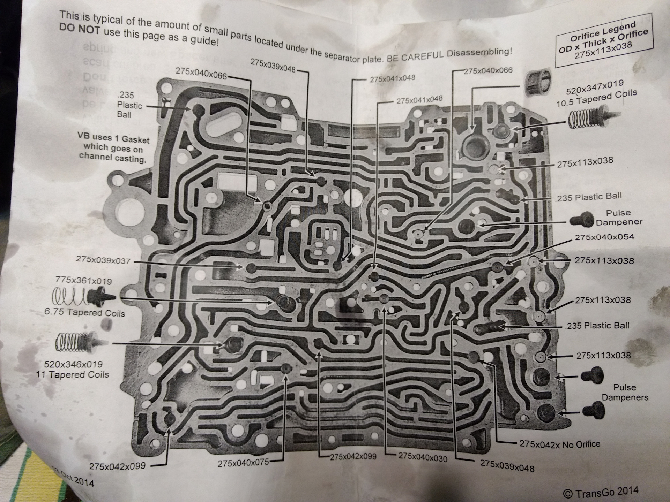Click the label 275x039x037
[x=103, y=260]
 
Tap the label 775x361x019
[x=83, y=281]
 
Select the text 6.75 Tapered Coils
[x=84, y=312]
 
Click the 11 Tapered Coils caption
[x=72, y=375]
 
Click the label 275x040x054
[x=604, y=237]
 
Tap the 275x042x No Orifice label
[x=560, y=444]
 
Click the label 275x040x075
[x=243, y=463]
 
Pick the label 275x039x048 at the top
[x=273, y=64]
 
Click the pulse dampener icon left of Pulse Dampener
[x=581, y=219]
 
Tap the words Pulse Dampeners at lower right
[x=625, y=393]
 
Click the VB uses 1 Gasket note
[x=113, y=149]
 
